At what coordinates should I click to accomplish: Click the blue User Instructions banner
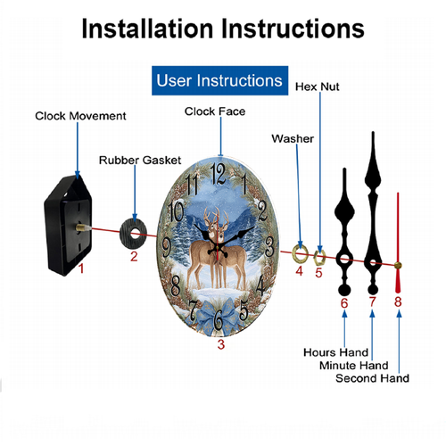pyautogui.click(x=219, y=80)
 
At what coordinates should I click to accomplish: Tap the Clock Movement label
pyautogui.click(x=80, y=116)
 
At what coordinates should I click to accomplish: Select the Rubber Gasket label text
pyautogui.click(x=140, y=160)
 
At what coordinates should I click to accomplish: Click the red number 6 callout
pyautogui.click(x=344, y=303)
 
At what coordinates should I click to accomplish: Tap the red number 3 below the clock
pyautogui.click(x=221, y=344)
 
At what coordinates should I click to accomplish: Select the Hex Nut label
pyautogui.click(x=318, y=87)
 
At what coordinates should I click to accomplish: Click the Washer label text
pyautogui.click(x=293, y=138)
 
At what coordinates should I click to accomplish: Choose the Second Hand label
pyautogui.click(x=372, y=378)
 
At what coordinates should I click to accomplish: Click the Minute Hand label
pyautogui.click(x=354, y=365)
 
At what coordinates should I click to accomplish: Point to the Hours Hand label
pyautogui.click(x=335, y=352)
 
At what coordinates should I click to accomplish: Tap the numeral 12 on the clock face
pyautogui.click(x=218, y=174)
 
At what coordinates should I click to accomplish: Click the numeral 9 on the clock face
pyautogui.click(x=167, y=248)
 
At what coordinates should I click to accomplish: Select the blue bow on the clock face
pyautogui.click(x=218, y=316)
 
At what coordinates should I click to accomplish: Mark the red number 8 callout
pyautogui.click(x=398, y=301)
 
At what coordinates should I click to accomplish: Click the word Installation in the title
pyautogui.click(x=147, y=29)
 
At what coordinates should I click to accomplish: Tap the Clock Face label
pyautogui.click(x=215, y=111)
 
